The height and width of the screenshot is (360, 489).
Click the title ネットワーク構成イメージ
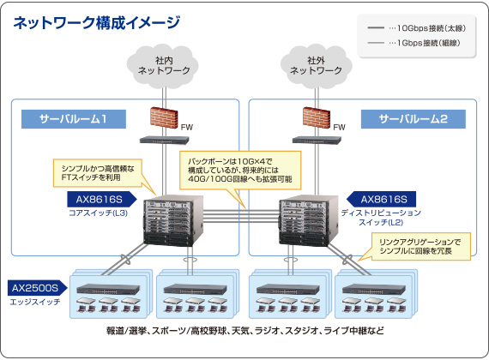[x=96, y=23]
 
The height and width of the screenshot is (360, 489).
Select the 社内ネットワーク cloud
[x=163, y=66]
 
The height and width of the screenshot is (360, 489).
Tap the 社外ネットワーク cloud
[x=316, y=66]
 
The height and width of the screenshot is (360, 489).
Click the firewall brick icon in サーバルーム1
[x=164, y=117]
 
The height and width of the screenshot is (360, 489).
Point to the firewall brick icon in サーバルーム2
[x=317, y=117]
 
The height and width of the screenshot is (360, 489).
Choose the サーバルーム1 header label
[x=74, y=119]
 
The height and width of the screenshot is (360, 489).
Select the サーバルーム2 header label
[x=414, y=119]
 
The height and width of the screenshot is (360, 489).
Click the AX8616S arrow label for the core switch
[x=102, y=199]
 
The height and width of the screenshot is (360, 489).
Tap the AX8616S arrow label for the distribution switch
[x=381, y=199]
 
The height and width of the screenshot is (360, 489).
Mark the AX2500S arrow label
[x=38, y=288]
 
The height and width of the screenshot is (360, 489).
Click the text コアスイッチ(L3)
[x=98, y=213]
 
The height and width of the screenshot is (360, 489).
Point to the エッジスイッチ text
[x=35, y=302]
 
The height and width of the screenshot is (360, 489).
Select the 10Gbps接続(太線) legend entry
[x=417, y=28]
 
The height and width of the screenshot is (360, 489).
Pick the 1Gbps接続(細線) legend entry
[x=414, y=43]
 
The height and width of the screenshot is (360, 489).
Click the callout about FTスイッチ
[x=98, y=173]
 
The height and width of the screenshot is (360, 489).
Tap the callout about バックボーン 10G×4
[x=240, y=171]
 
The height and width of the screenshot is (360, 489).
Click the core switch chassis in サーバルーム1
[x=173, y=220]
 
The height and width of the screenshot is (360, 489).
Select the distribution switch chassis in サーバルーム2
[x=309, y=220]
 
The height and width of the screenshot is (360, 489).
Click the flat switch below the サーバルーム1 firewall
[x=164, y=140]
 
